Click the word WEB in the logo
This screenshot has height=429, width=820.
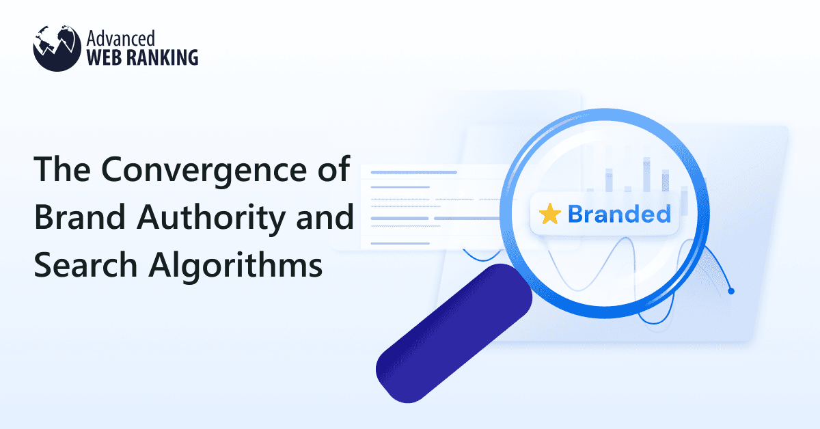pos(105,56)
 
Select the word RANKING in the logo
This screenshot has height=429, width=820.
pos(161,56)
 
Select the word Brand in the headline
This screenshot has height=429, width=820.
pos(74,217)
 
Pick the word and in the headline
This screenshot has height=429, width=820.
pos(328,217)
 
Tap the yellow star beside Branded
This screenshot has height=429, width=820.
pos(549,214)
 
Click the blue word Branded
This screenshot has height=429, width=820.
pos(618,214)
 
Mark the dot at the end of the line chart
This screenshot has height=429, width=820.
pos(731,291)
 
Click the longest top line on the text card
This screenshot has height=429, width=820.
pos(413,172)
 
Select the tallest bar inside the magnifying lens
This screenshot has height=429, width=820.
pos(646,174)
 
